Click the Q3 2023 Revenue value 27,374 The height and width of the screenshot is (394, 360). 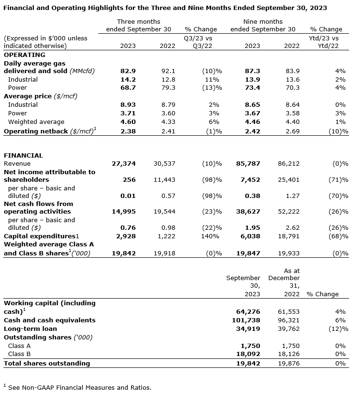pyautogui.click(x=123, y=164)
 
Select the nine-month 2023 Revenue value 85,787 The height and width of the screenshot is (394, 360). pyautogui.click(x=248, y=164)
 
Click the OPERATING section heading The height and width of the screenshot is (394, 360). pyautogui.click(x=24, y=55)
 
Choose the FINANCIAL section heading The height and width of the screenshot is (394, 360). pyautogui.click(x=23, y=155)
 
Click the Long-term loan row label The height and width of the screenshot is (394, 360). pyautogui.click(x=30, y=329)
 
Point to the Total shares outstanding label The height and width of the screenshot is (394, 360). pyautogui.click(x=47, y=364)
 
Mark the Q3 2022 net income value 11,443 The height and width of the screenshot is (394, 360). pyautogui.click(x=164, y=180)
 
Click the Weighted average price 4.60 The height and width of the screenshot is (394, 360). pyautogui.click(x=128, y=122)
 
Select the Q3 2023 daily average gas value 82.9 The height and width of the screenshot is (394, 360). pyautogui.click(x=128, y=71)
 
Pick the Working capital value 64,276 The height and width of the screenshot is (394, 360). pyautogui.click(x=248, y=312)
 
